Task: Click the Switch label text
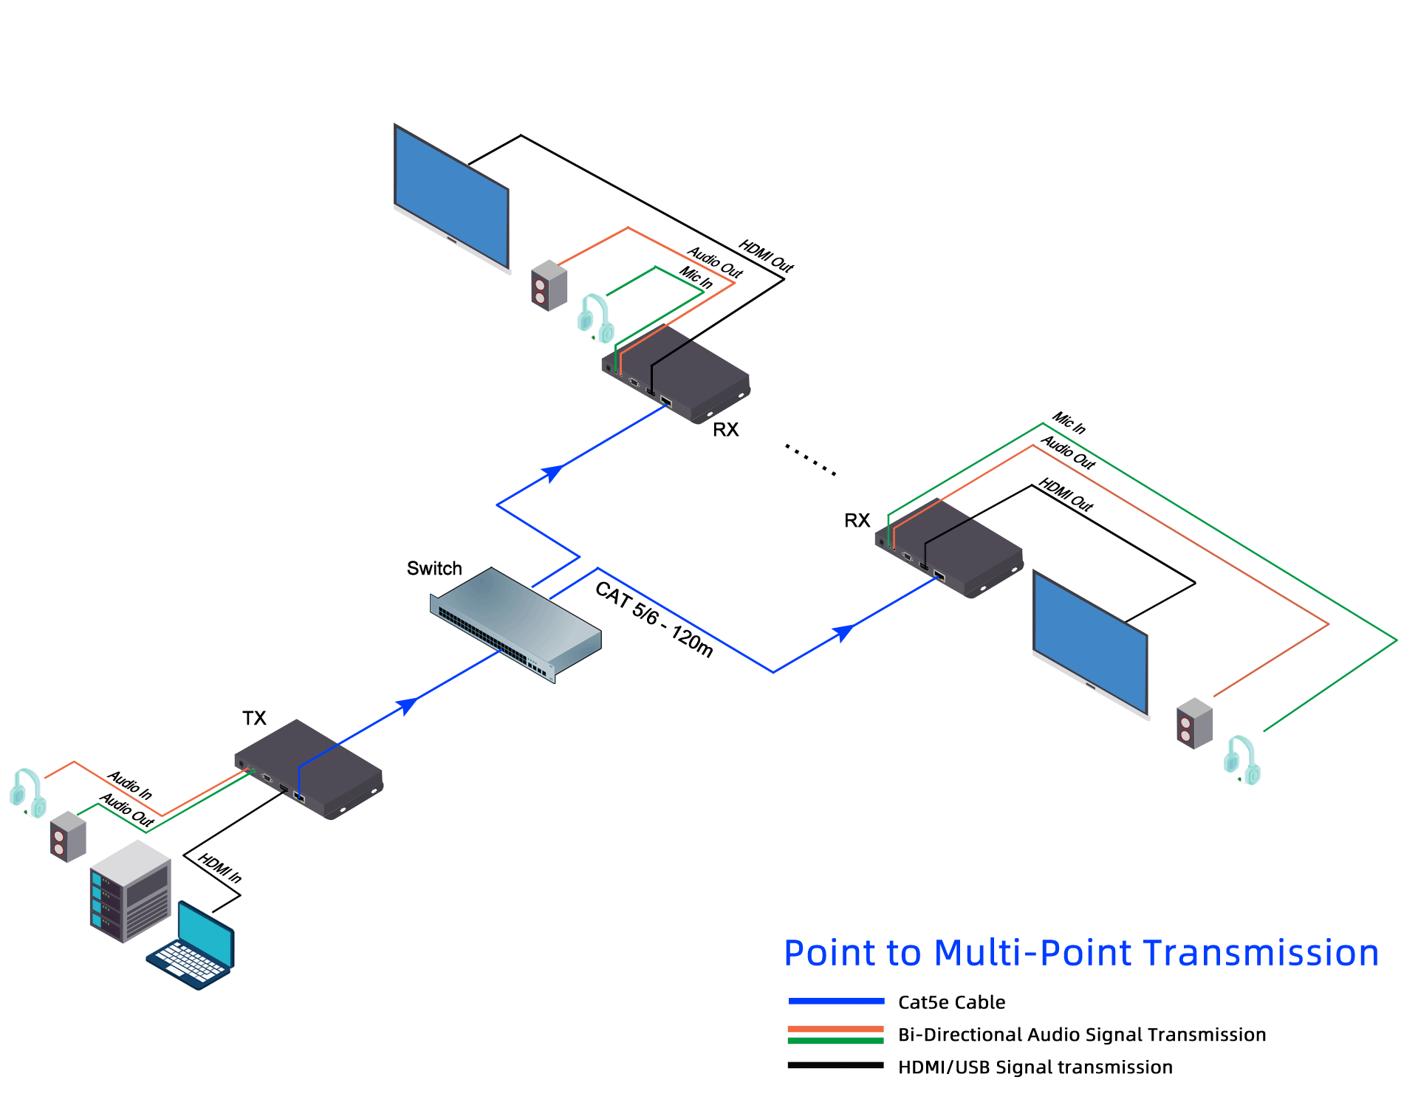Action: pyautogui.click(x=434, y=568)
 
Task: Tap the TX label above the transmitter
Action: pyautogui.click(x=254, y=718)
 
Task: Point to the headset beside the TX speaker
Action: pyautogui.click(x=28, y=793)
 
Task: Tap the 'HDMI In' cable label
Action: pyautogui.click(x=220, y=868)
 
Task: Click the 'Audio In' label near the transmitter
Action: pyautogui.click(x=130, y=784)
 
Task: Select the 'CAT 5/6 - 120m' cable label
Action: pyautogui.click(x=654, y=619)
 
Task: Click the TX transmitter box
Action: pyautogui.click(x=310, y=768)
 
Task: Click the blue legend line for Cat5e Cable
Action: pyautogui.click(x=835, y=1002)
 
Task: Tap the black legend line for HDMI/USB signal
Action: pyautogui.click(x=835, y=1065)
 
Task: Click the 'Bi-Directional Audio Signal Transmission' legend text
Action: pyautogui.click(x=1081, y=1034)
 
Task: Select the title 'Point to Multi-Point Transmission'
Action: pyautogui.click(x=1081, y=953)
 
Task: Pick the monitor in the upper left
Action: pyautogui.click(x=451, y=196)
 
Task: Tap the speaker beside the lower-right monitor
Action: pyautogui.click(x=1194, y=723)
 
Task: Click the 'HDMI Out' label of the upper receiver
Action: pyautogui.click(x=766, y=256)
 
